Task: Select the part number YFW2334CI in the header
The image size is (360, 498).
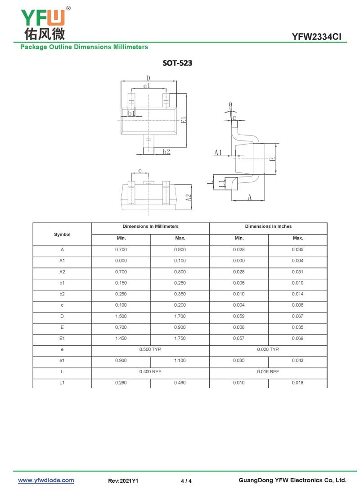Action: [x=316, y=37]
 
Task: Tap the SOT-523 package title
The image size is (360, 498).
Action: [x=177, y=63]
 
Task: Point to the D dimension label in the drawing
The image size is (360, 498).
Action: [x=148, y=78]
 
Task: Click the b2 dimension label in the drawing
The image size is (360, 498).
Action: [x=166, y=151]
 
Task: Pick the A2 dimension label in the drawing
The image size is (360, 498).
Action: [x=189, y=198]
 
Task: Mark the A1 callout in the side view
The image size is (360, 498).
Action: [x=218, y=153]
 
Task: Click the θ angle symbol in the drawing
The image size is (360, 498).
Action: [x=230, y=104]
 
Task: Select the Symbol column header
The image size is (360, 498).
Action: [x=62, y=235]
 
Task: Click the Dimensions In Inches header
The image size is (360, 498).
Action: [x=268, y=226]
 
